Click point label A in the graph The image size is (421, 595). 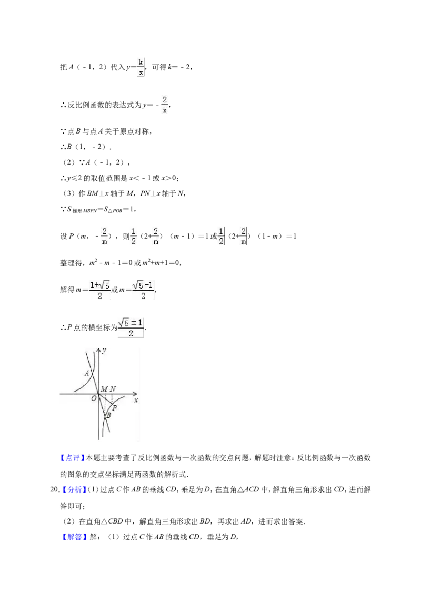87,373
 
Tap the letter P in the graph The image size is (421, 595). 115,407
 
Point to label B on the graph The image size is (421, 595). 108,415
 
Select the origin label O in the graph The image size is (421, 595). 94,399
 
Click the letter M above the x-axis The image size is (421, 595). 104,389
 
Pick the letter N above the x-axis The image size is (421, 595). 113,389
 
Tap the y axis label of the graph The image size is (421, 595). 105,350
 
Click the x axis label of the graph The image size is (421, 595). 136,400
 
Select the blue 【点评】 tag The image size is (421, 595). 72,458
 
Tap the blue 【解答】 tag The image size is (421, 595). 72,537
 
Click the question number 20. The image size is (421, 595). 54,489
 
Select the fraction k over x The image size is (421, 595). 141,67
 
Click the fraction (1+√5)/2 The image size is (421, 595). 100,290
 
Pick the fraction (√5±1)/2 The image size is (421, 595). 131,327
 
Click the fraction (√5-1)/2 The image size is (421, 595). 143,290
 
